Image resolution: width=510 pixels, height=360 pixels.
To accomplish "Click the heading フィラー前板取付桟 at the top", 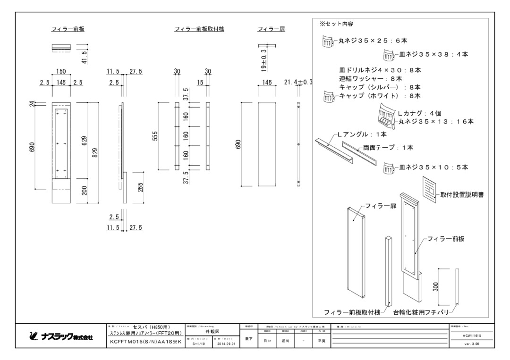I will click(199, 29).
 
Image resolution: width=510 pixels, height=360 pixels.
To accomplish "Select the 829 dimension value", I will click(95, 153).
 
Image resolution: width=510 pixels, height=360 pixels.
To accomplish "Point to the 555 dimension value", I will click(162, 136).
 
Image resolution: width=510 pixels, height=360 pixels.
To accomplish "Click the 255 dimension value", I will click(140, 188).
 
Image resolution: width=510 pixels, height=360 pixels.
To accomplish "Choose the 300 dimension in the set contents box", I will click(436, 286).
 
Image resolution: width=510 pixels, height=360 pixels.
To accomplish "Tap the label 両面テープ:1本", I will click(388, 148).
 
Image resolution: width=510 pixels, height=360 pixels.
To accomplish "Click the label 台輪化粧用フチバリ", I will click(420, 312).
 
